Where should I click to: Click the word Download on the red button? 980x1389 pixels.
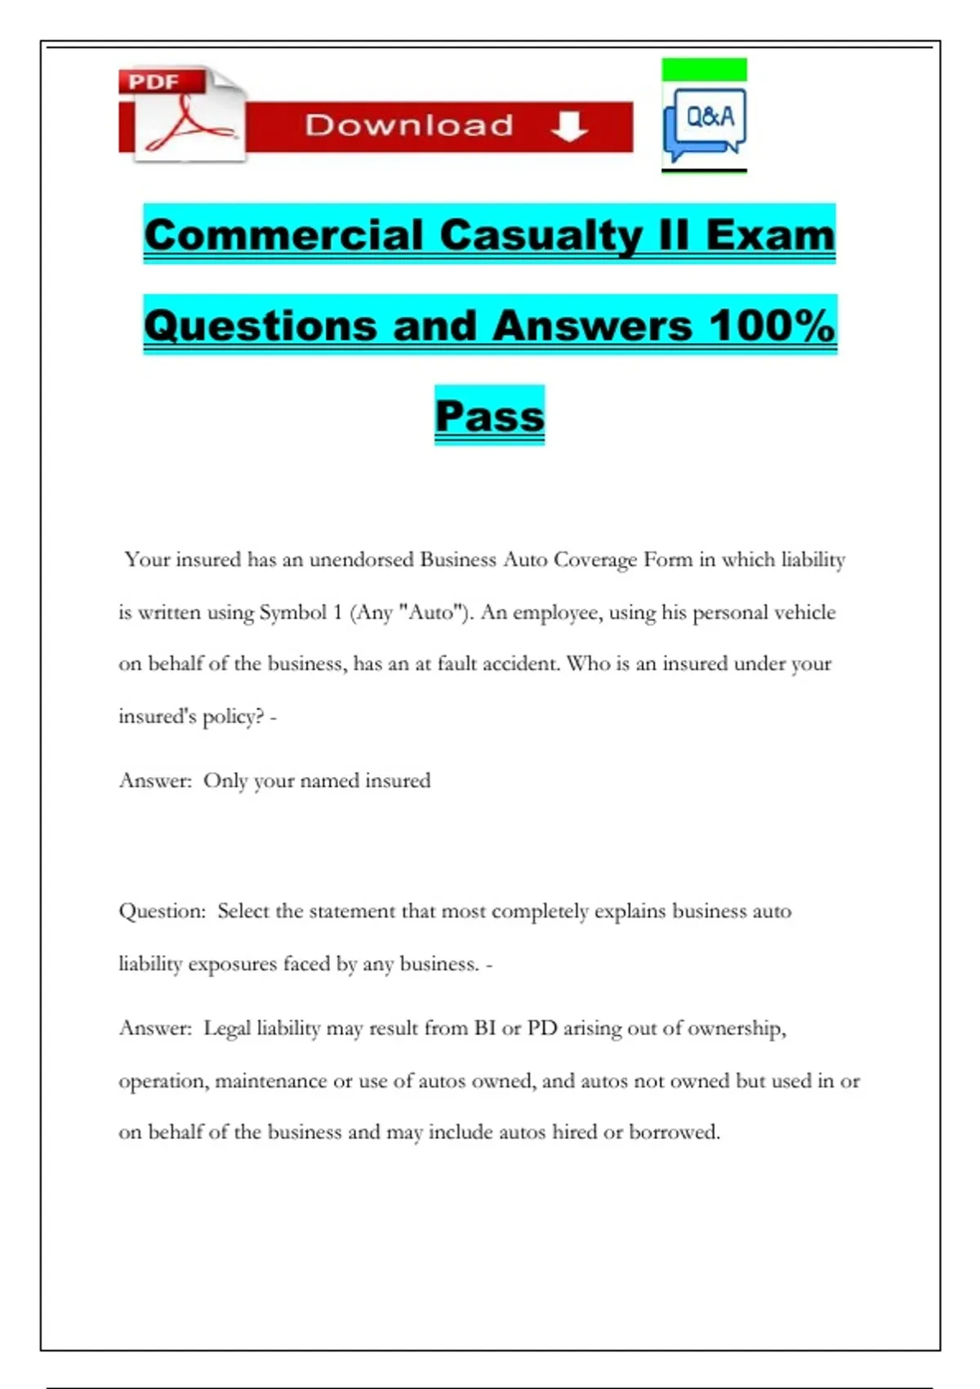pos(409,126)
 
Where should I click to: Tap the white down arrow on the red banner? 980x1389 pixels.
pos(569,126)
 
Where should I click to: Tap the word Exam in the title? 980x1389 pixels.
pos(770,235)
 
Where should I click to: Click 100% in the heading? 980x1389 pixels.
pos(772,325)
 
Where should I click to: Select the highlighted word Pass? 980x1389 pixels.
pos(489,416)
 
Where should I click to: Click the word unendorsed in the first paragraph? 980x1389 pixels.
pos(361,560)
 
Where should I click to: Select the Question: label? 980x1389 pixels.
pos(163,911)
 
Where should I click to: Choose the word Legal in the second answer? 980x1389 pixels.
pos(227,1028)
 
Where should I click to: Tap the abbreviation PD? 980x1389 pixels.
pos(542,1028)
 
